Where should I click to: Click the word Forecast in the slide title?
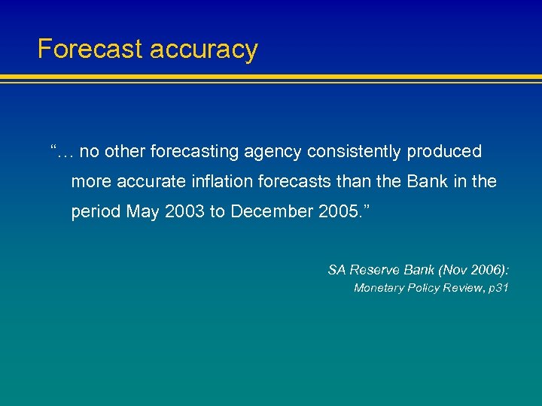pyautogui.click(x=90, y=50)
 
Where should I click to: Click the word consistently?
pyautogui.click(x=355, y=152)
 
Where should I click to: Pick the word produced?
pyautogui.click(x=444, y=152)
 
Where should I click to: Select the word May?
pyautogui.click(x=142, y=213)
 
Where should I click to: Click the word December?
pyautogui.click(x=266, y=212)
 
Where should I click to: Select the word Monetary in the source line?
pyautogui.click(x=378, y=288)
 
